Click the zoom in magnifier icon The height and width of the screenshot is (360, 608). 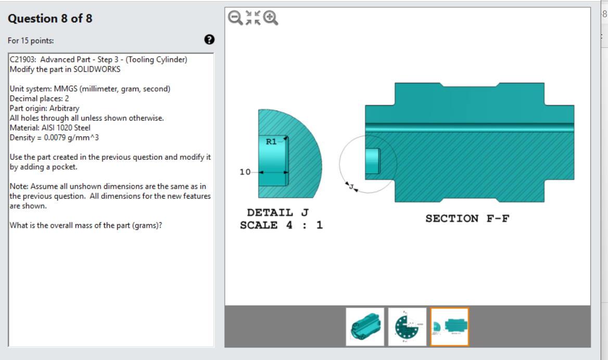pyautogui.click(x=271, y=18)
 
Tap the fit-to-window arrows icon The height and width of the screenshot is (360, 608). pyautogui.click(x=253, y=18)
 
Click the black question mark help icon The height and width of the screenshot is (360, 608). pyautogui.click(x=209, y=40)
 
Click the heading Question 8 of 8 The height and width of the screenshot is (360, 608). pyautogui.click(x=50, y=19)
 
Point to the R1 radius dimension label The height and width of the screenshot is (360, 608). pyautogui.click(x=271, y=142)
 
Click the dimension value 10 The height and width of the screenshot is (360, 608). pyautogui.click(x=245, y=172)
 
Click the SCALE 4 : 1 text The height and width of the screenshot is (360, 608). pyautogui.click(x=281, y=225)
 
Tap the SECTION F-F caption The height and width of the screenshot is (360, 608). pyautogui.click(x=467, y=218)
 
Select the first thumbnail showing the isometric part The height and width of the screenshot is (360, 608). pyautogui.click(x=365, y=327)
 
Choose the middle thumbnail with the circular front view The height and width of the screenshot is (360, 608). pyautogui.click(x=407, y=327)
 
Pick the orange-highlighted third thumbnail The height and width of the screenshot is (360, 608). pyautogui.click(x=449, y=327)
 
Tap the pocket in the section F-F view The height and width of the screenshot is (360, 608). pyautogui.click(x=372, y=161)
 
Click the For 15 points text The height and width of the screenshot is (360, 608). pyautogui.click(x=31, y=41)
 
